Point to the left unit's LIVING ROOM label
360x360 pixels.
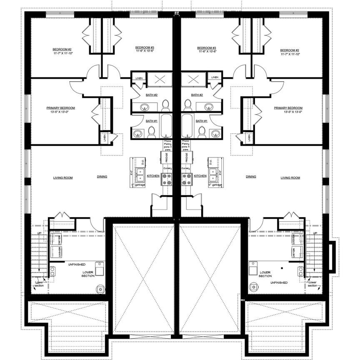pos(63,178)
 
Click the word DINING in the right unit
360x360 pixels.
pos(251,177)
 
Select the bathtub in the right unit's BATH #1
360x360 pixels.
pos(188,125)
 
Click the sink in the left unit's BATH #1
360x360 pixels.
pos(138,134)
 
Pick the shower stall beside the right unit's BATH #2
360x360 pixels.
pos(192,78)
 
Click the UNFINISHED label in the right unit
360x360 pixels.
pos(278,283)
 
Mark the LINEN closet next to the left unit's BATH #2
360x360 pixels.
pos(138,77)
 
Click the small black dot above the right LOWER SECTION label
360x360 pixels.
pos(283,268)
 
